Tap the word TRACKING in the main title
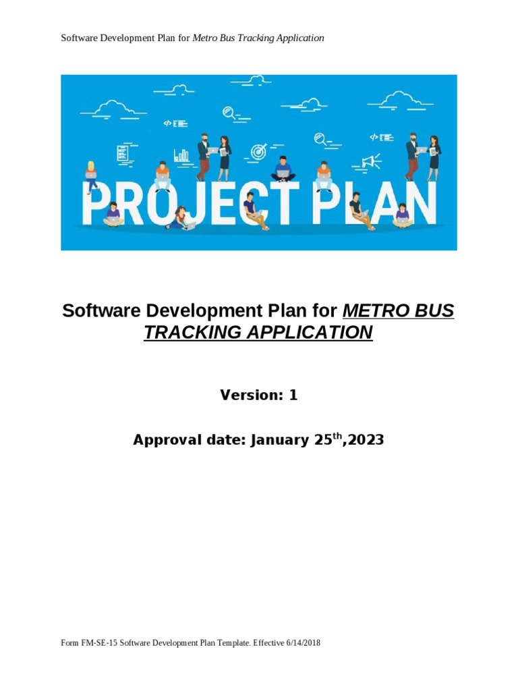coord(186,333)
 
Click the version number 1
coord(293,396)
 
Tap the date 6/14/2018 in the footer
coord(303,644)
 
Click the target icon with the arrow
coord(258,152)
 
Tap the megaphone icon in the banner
coord(371,161)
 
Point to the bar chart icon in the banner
coord(181,155)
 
